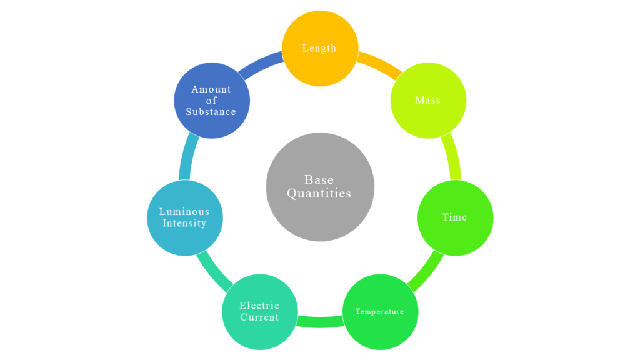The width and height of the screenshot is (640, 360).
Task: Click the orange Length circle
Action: point(320,48)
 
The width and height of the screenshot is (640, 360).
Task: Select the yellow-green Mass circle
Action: point(428,100)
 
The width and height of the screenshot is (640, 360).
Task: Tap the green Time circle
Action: point(455,217)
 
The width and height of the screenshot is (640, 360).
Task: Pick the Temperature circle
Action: point(380,311)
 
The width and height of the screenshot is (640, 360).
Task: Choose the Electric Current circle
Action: point(259,311)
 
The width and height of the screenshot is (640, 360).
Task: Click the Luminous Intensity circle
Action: point(184,217)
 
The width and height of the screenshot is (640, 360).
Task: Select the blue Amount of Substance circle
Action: point(211,100)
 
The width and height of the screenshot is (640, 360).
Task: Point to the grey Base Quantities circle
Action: point(320,186)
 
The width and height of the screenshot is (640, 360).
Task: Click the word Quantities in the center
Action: point(319,194)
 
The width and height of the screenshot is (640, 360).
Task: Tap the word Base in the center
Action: point(319,180)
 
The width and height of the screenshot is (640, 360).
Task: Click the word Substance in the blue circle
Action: point(211,112)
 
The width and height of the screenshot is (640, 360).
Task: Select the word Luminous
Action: point(184,212)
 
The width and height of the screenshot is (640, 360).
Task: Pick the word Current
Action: point(259,317)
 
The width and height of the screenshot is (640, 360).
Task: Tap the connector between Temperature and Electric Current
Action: point(319,322)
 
